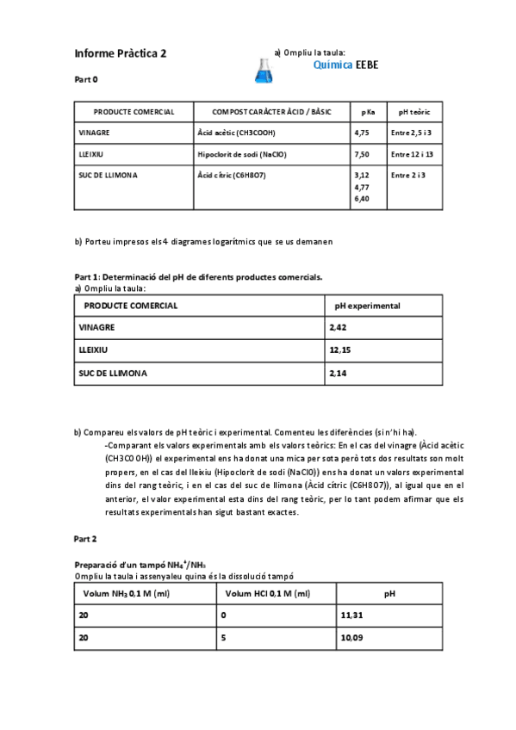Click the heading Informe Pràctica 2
pyautogui.click(x=121, y=53)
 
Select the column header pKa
pyautogui.click(x=368, y=112)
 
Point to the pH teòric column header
pyautogui.click(x=414, y=112)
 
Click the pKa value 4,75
pyautogui.click(x=362, y=133)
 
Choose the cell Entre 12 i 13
pyautogui.click(x=412, y=154)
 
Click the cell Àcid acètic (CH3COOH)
pyautogui.click(x=238, y=133)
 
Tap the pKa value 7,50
pyautogui.click(x=362, y=154)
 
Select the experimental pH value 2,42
pyautogui.click(x=338, y=328)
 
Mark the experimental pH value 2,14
pyautogui.click(x=338, y=374)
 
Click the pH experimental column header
pyautogui.click(x=367, y=306)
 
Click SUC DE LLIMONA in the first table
pyautogui.click(x=108, y=175)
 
